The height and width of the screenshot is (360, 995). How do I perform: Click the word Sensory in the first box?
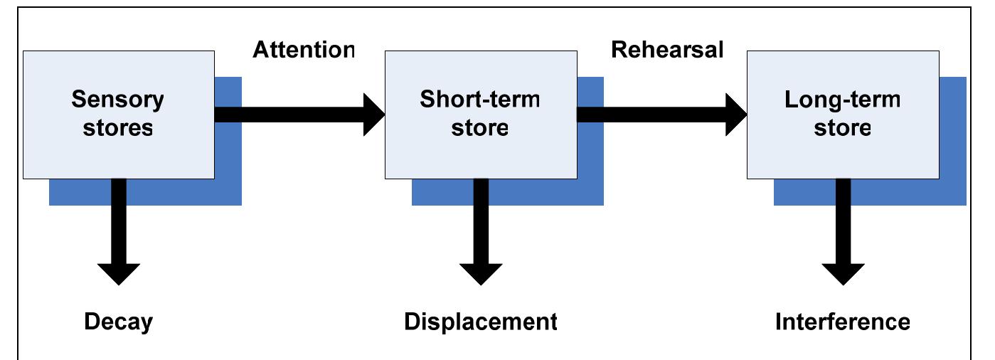[117, 100]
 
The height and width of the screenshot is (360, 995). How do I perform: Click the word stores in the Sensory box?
[117, 129]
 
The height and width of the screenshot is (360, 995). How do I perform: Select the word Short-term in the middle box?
[480, 100]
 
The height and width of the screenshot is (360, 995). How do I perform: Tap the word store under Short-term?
[480, 129]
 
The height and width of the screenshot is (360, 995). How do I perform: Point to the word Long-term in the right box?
[842, 100]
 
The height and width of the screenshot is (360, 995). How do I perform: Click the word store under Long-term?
[842, 129]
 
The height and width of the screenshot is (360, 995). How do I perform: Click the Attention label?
[304, 49]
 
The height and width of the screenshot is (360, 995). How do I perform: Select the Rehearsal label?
[667, 49]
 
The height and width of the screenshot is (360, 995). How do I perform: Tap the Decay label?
[118, 322]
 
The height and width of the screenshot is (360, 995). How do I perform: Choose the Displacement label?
[480, 322]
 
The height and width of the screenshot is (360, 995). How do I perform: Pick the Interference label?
[842, 322]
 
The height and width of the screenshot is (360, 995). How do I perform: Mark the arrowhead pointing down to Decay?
[119, 272]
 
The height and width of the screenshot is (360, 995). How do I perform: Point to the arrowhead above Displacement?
[481, 272]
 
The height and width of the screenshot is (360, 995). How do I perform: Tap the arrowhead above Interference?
[843, 272]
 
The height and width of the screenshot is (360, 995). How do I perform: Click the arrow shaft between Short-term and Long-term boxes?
[647, 114]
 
